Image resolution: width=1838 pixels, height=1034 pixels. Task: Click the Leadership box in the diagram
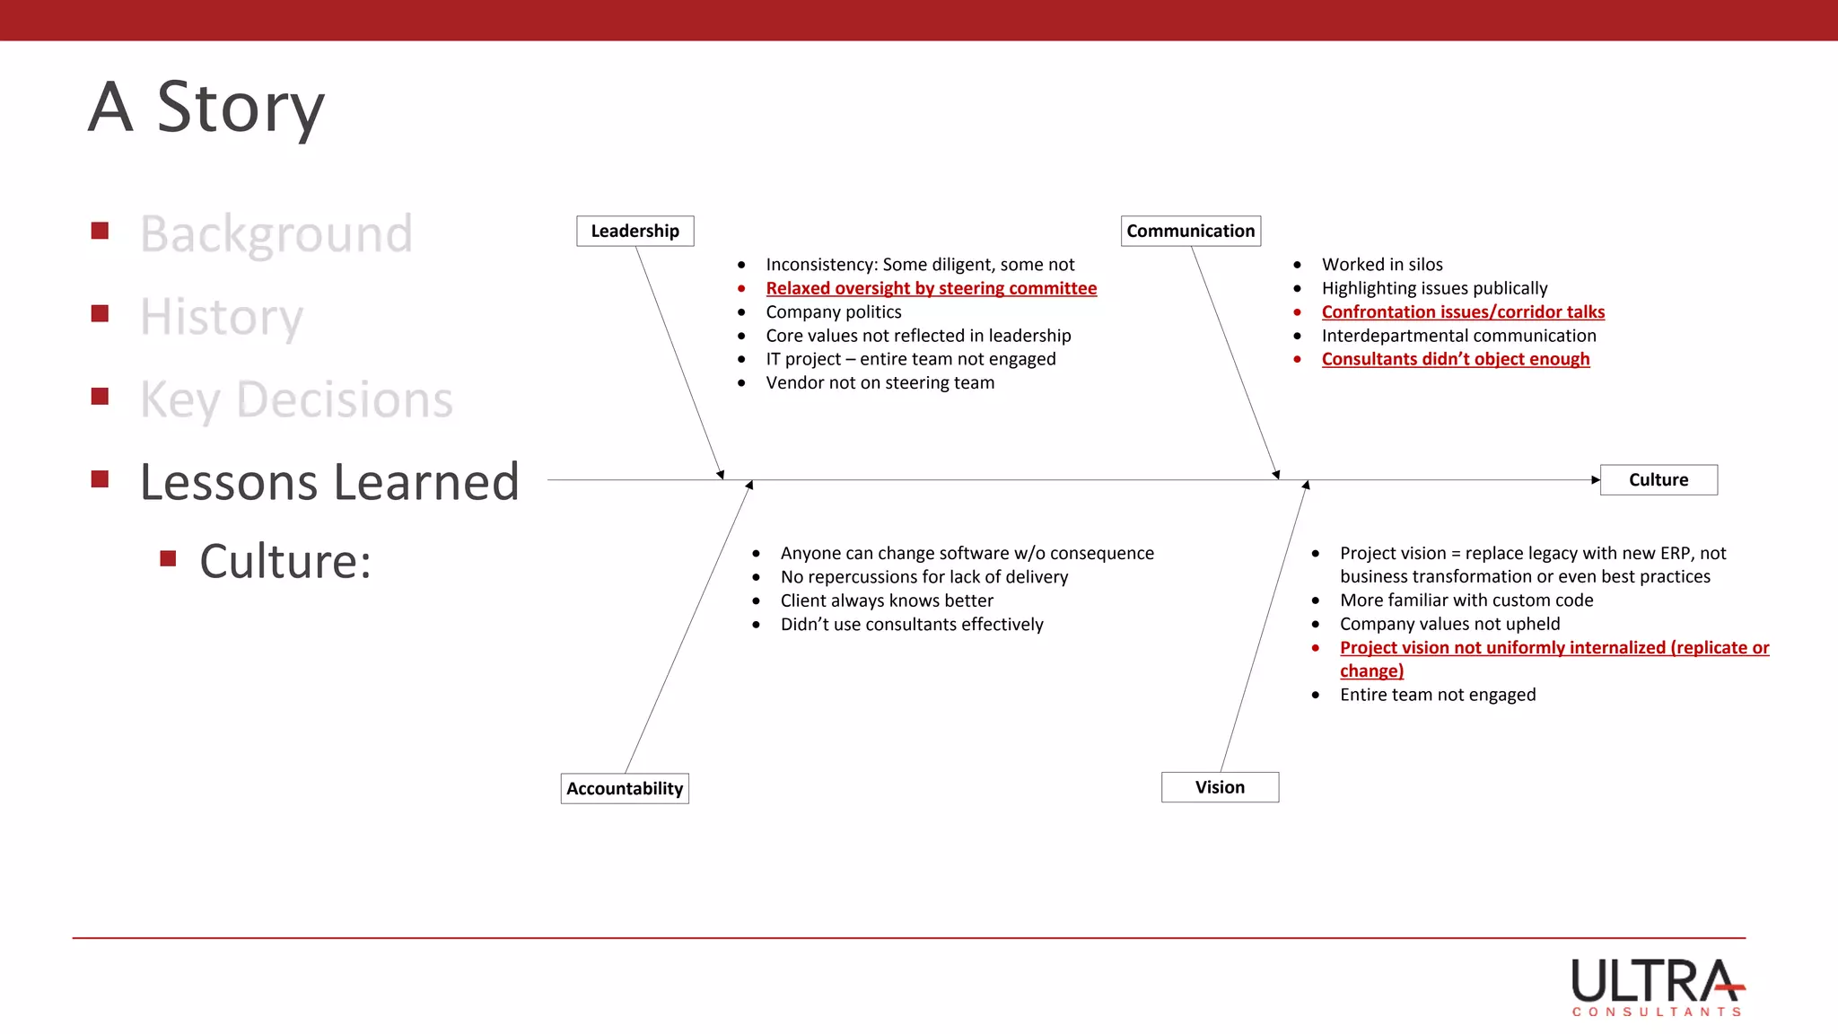635,231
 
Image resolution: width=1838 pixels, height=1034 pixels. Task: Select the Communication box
1190,231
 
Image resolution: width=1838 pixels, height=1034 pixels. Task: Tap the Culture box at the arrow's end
1658,479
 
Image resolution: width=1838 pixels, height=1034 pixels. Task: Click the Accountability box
625,788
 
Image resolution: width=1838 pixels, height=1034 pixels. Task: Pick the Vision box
1220,787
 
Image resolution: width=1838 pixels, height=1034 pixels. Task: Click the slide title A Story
206,108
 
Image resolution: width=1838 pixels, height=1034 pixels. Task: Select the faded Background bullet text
276,234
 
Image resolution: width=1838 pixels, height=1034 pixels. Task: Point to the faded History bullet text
222,317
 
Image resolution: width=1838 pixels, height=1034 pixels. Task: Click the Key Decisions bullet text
296,399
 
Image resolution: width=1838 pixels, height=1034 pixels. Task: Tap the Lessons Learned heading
329,482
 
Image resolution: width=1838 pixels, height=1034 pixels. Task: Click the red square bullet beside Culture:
168,559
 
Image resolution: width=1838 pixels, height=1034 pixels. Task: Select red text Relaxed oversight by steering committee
931,288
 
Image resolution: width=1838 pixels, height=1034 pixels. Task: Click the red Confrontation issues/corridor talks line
1463,311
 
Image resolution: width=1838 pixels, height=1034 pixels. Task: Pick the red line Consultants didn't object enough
1455,359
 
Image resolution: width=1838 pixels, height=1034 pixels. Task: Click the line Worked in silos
1382,264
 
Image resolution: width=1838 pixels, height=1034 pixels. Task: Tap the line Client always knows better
887,600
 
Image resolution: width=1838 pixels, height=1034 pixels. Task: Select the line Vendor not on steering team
880,382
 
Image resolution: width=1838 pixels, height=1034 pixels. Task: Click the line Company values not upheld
1449,624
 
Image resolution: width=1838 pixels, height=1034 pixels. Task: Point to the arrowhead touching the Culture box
1596,479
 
